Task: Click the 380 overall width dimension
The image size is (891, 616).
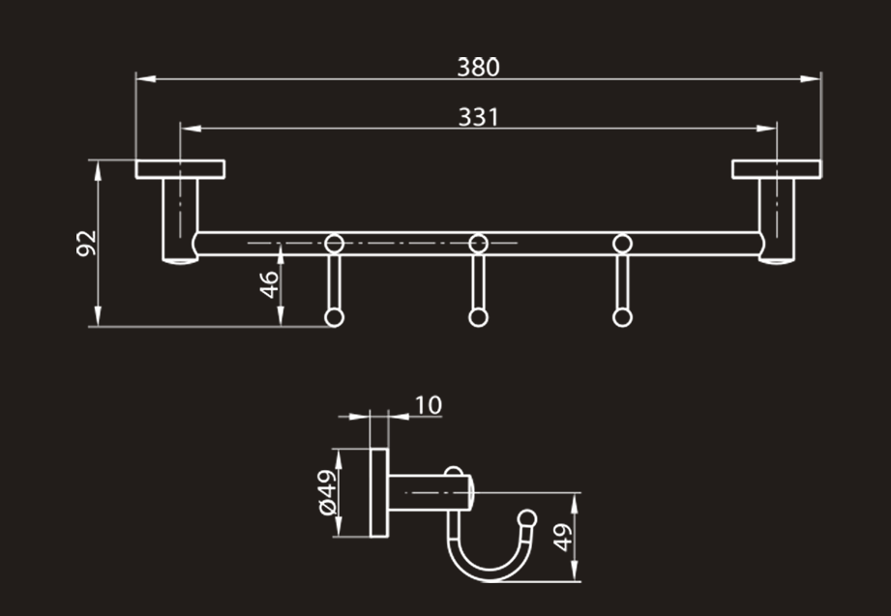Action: [x=479, y=67]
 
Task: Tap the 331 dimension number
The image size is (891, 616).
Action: [x=479, y=117]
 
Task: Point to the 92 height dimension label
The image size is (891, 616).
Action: [x=87, y=244]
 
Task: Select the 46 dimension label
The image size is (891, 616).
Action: [x=269, y=284]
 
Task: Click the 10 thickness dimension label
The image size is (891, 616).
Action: [x=428, y=405]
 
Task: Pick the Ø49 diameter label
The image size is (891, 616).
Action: [x=328, y=492]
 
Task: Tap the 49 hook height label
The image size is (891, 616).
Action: [x=562, y=538]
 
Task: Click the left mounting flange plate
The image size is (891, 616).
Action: [x=180, y=169]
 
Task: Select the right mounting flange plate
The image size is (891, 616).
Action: [x=776, y=169]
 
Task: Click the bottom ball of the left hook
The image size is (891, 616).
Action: [x=334, y=317]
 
